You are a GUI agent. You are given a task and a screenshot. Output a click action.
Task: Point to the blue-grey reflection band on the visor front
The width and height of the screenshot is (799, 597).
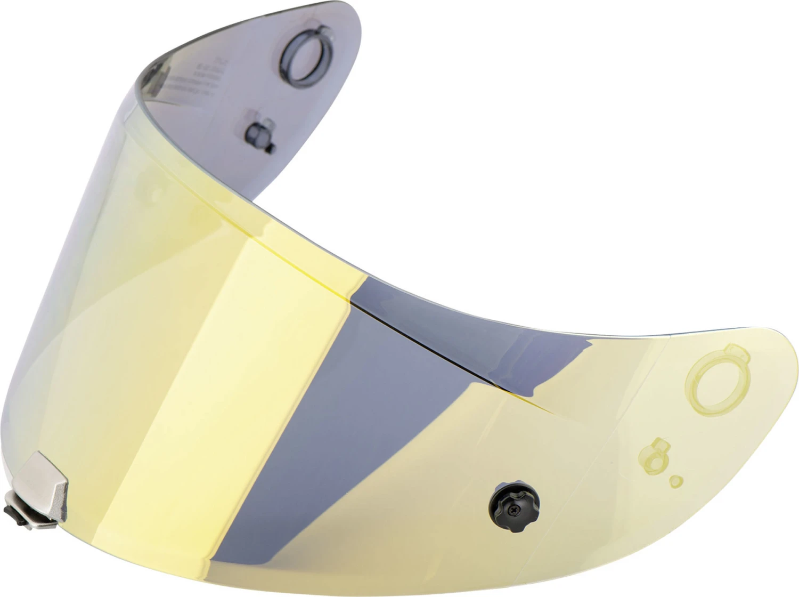coord(373,373)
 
